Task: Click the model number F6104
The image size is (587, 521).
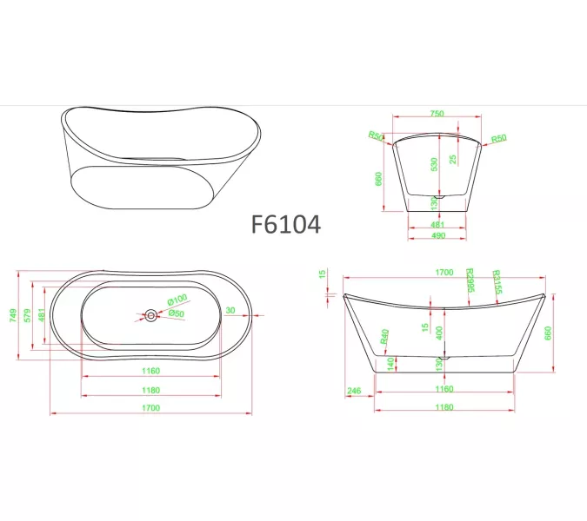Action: (x=285, y=224)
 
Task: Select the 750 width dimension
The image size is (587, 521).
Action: (x=437, y=114)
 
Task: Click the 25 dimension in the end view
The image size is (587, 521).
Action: (x=453, y=159)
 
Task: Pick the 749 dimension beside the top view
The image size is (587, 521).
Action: (x=12, y=314)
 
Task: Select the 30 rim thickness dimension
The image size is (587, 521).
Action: (x=230, y=310)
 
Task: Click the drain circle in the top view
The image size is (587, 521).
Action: (x=151, y=316)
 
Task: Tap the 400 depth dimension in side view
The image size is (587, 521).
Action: (x=438, y=333)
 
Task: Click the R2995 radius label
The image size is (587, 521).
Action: (x=470, y=280)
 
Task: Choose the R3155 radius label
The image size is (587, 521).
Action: (x=497, y=280)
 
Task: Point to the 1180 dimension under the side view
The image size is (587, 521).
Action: (x=444, y=406)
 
